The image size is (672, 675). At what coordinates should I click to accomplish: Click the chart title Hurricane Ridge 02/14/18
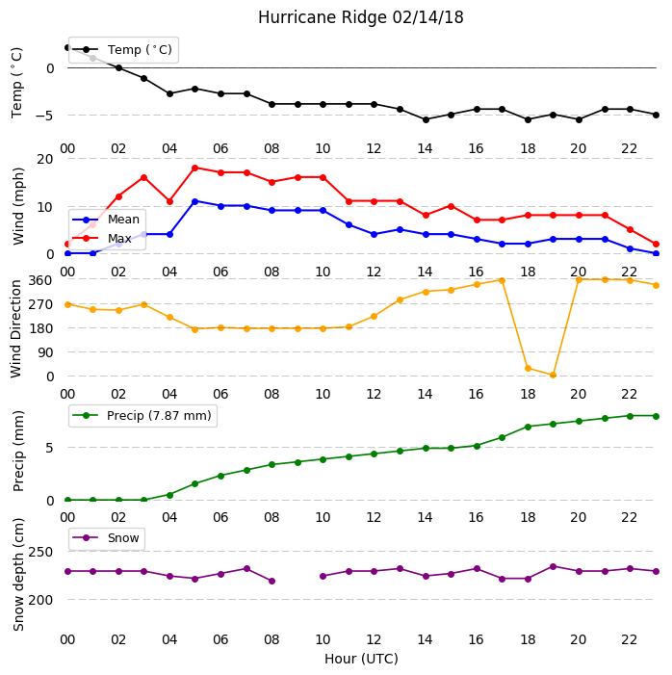pos(361,17)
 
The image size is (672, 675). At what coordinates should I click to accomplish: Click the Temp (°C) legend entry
pos(124,50)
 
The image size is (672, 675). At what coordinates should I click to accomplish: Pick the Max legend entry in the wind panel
pos(102,238)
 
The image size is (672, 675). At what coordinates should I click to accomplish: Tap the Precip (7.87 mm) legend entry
pos(142,416)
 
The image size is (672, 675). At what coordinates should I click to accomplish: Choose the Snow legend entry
pos(106,538)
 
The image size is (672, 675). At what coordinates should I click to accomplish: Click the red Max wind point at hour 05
pos(195,168)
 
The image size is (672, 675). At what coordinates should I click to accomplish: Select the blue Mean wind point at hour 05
pos(195,201)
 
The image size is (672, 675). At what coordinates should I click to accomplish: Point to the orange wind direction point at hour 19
pos(554,376)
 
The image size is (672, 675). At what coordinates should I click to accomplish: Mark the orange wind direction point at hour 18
pos(529,369)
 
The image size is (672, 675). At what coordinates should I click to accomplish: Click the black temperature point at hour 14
pos(426,120)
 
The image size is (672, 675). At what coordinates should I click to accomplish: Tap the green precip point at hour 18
pos(529,427)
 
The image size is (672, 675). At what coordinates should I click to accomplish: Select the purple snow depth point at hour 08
pos(272,582)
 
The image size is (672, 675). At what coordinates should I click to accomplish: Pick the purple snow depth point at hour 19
pos(554,566)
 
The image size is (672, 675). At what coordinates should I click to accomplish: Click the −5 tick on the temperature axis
pos(44,116)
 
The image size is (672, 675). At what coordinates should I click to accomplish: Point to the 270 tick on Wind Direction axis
pos(40,305)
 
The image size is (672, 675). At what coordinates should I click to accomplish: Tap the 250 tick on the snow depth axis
pos(40,552)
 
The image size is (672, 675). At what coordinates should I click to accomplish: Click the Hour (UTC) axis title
pos(361,659)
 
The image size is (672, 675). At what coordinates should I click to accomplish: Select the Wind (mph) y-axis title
pos(18,207)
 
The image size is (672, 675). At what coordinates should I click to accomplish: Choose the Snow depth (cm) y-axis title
pos(18,575)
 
